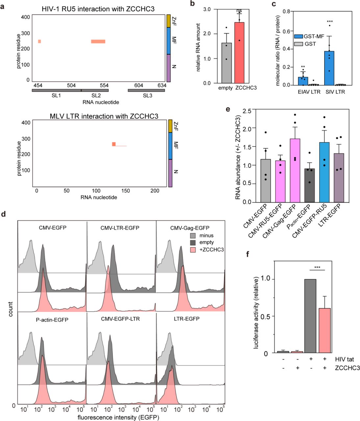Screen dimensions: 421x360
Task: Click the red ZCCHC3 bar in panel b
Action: pos(240,53)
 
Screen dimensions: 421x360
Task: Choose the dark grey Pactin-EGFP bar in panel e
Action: pos(309,186)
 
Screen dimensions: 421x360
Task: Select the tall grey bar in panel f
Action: pos(310,316)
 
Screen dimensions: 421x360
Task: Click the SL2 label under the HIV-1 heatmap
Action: pos(96,95)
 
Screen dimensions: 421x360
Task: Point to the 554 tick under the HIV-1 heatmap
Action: pos(104,86)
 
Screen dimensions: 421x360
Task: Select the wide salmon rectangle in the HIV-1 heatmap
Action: pos(98,41)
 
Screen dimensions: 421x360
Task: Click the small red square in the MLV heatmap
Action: pos(114,144)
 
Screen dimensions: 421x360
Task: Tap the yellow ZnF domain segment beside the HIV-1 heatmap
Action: pos(169,21)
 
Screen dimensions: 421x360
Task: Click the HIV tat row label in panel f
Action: pos(344,359)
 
